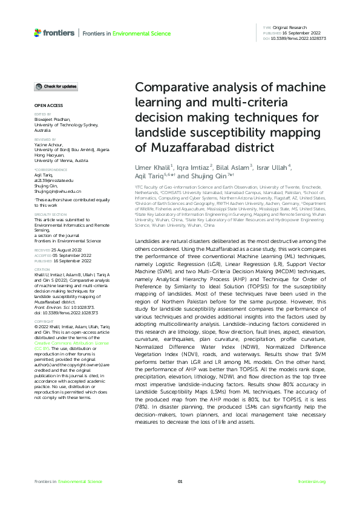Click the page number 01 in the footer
click(180, 481)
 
